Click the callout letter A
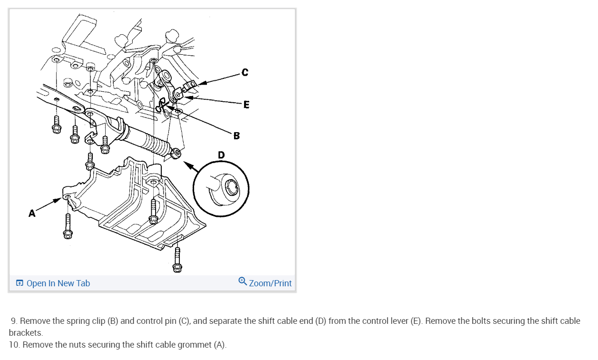32,214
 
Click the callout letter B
236,136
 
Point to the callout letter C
245,72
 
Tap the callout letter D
221,155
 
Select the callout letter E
245,104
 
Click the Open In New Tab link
58,283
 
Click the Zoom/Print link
270,283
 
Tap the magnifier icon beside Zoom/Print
243,282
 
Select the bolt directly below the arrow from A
67,226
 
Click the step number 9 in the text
14,321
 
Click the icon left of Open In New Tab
20,283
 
